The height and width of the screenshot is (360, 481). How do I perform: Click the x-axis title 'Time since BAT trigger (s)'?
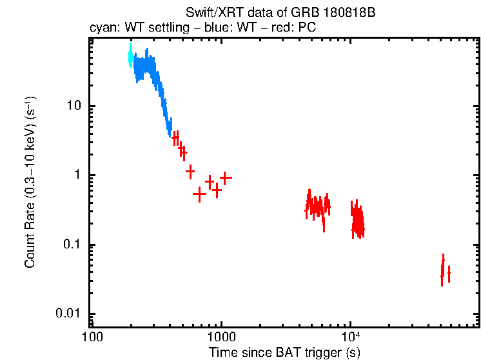click(x=284, y=352)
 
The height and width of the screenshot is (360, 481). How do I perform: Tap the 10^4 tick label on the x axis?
click(x=350, y=339)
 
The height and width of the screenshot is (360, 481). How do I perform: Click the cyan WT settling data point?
click(x=130, y=57)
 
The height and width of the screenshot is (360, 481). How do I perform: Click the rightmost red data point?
click(x=449, y=273)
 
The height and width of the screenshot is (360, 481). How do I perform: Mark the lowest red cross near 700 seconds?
click(x=199, y=193)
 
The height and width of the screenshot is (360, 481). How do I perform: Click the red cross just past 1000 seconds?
click(x=226, y=177)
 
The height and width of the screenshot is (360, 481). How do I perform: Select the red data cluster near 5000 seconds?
click(x=317, y=206)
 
